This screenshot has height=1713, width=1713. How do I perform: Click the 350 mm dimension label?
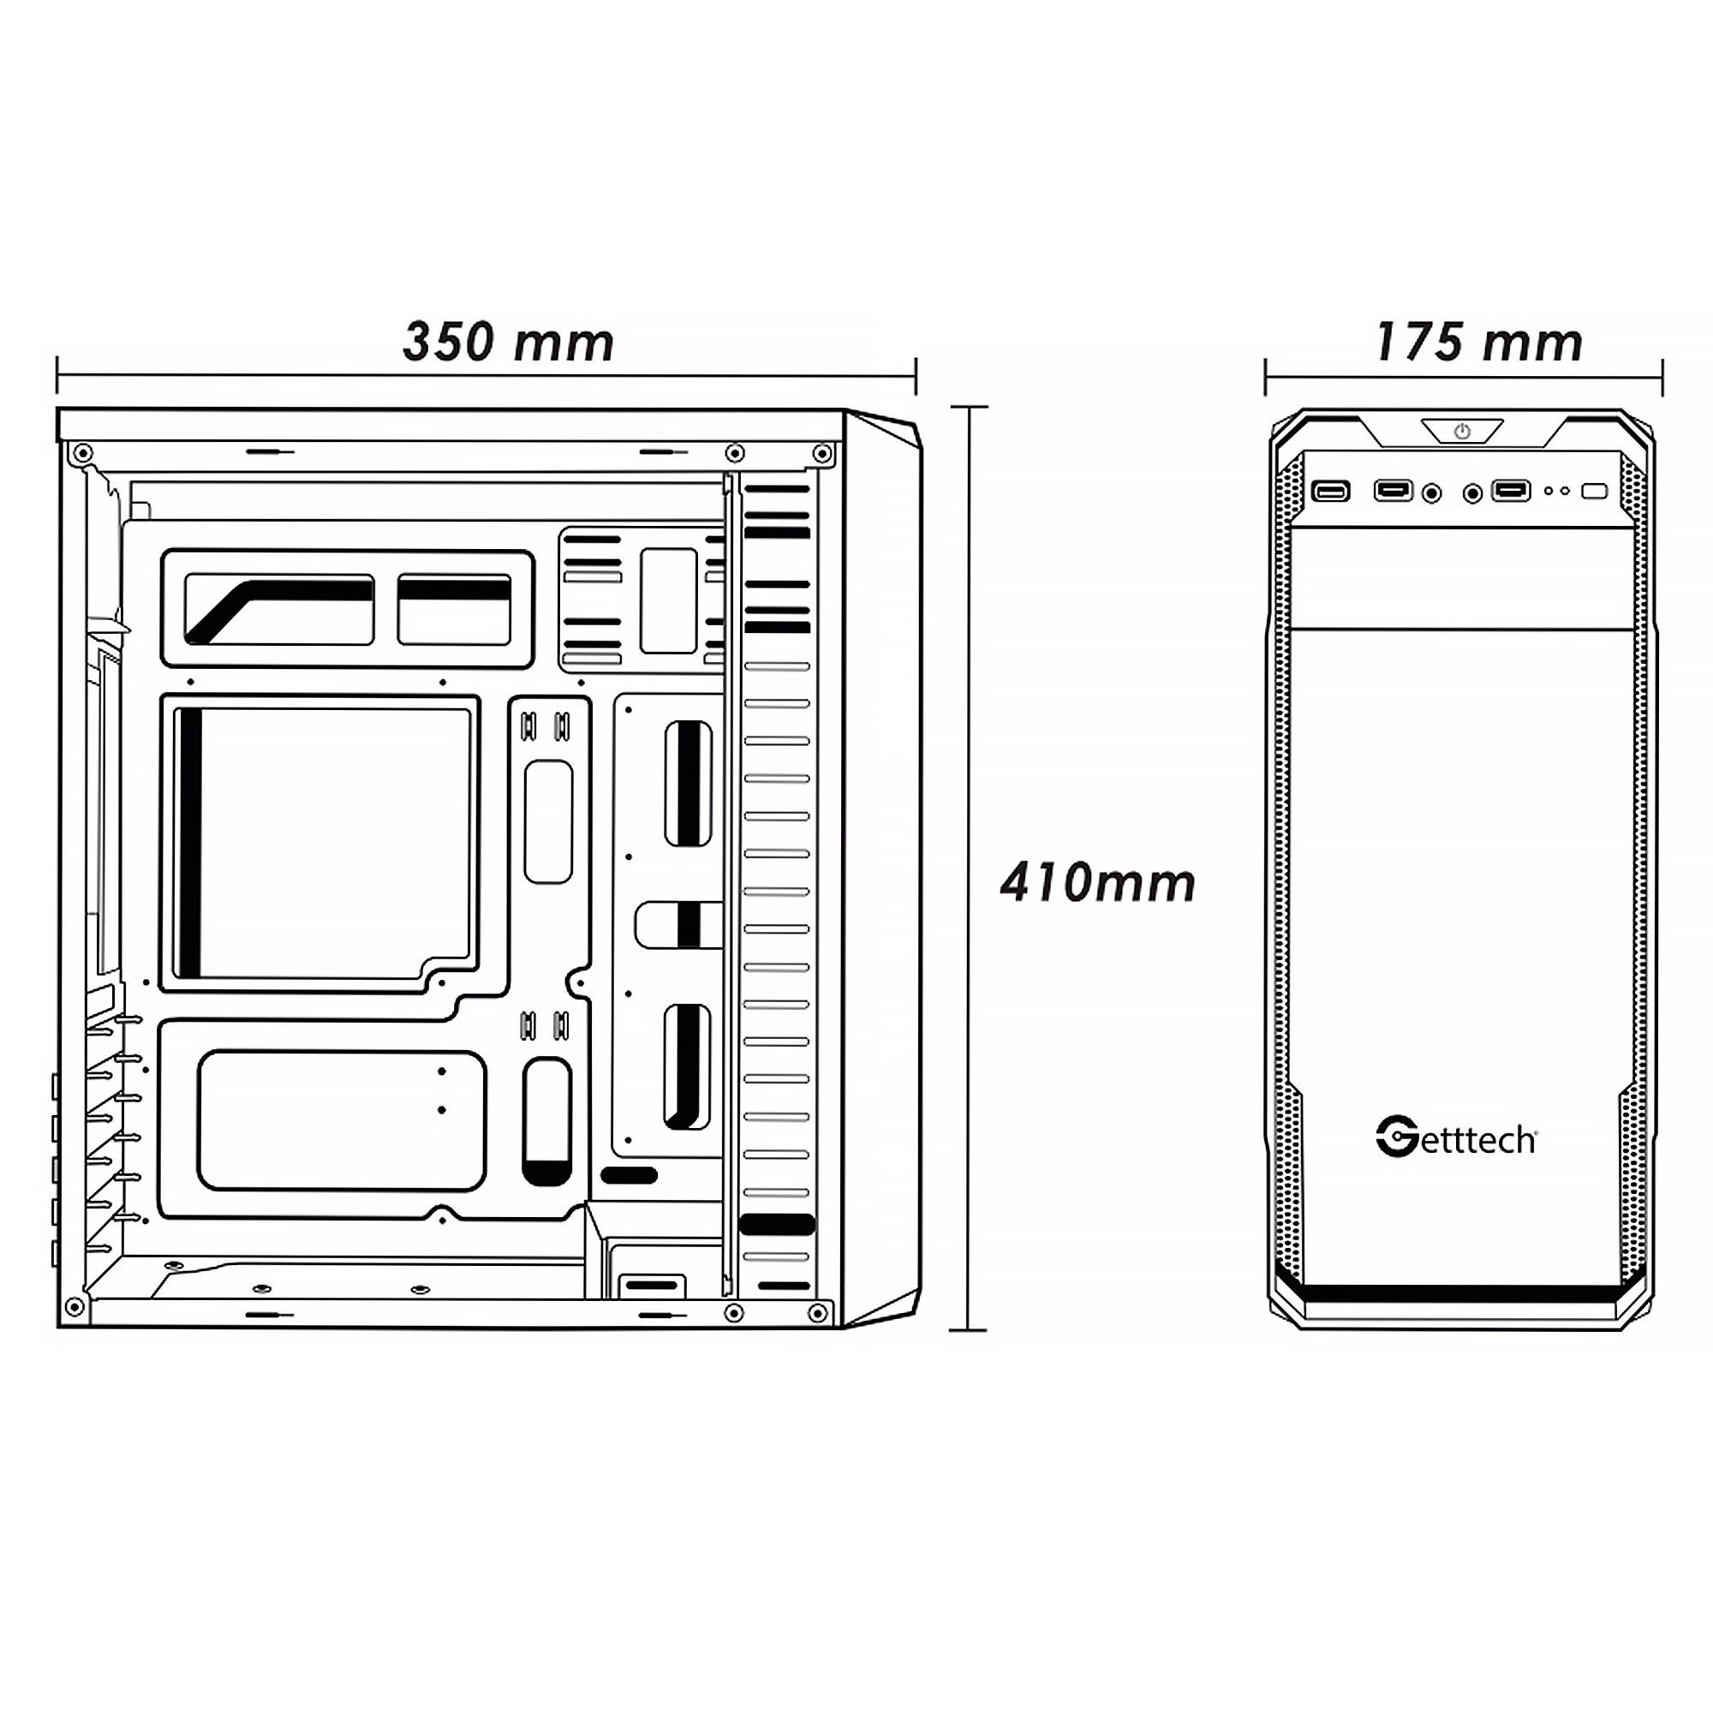(x=508, y=343)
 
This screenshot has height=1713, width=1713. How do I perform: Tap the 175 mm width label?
(x=1479, y=343)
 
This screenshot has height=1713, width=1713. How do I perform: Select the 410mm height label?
(x=1098, y=882)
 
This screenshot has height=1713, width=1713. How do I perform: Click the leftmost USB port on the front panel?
(x=1330, y=491)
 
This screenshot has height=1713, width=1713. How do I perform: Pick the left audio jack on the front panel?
(x=1431, y=493)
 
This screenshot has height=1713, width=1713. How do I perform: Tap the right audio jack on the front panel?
(x=1471, y=493)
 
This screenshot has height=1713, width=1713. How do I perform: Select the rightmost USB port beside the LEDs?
(x=1511, y=489)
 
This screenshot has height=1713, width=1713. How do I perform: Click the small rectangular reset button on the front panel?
(x=1594, y=490)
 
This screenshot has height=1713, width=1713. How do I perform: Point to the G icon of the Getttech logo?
(x=1396, y=1137)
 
